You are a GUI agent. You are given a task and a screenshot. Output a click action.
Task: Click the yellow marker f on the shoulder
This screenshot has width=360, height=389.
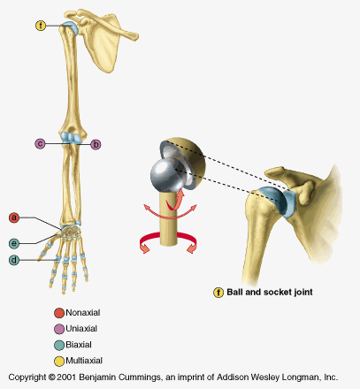(x=41, y=26)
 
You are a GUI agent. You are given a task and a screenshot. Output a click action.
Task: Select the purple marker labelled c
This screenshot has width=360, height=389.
(x=41, y=144)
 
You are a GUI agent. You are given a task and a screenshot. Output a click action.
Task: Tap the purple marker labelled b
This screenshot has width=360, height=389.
(x=96, y=144)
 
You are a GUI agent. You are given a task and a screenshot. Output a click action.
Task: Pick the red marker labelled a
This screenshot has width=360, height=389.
(x=14, y=217)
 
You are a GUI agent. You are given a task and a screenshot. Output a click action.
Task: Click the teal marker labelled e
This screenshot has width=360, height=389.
(x=14, y=243)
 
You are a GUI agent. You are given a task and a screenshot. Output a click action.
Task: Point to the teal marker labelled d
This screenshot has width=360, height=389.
(x=14, y=260)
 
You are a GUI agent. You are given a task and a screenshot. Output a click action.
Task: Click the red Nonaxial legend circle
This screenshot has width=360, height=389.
(x=59, y=313)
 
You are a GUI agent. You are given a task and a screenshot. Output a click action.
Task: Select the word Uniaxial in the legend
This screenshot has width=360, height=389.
(x=81, y=328)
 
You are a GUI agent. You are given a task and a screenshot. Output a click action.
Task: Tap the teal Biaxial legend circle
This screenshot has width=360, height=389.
(x=59, y=345)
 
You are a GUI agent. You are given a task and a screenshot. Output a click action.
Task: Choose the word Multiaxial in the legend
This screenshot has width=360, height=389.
(x=84, y=361)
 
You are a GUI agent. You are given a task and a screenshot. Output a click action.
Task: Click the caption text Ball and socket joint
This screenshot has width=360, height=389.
(x=270, y=292)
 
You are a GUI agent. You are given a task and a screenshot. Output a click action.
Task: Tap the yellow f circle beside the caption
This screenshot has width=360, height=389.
(x=218, y=293)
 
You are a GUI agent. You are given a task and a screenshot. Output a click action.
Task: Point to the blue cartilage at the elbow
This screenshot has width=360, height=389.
(x=71, y=138)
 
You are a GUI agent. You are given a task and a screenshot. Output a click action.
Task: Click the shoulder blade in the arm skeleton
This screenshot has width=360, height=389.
(x=103, y=44)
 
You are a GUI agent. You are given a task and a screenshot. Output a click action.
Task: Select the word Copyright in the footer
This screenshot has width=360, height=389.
(x=27, y=378)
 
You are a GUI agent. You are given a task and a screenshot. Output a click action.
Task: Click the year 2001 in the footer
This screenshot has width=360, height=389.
(x=66, y=378)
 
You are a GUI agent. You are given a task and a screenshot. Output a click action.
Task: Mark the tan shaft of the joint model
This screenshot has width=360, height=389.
(x=168, y=218)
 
